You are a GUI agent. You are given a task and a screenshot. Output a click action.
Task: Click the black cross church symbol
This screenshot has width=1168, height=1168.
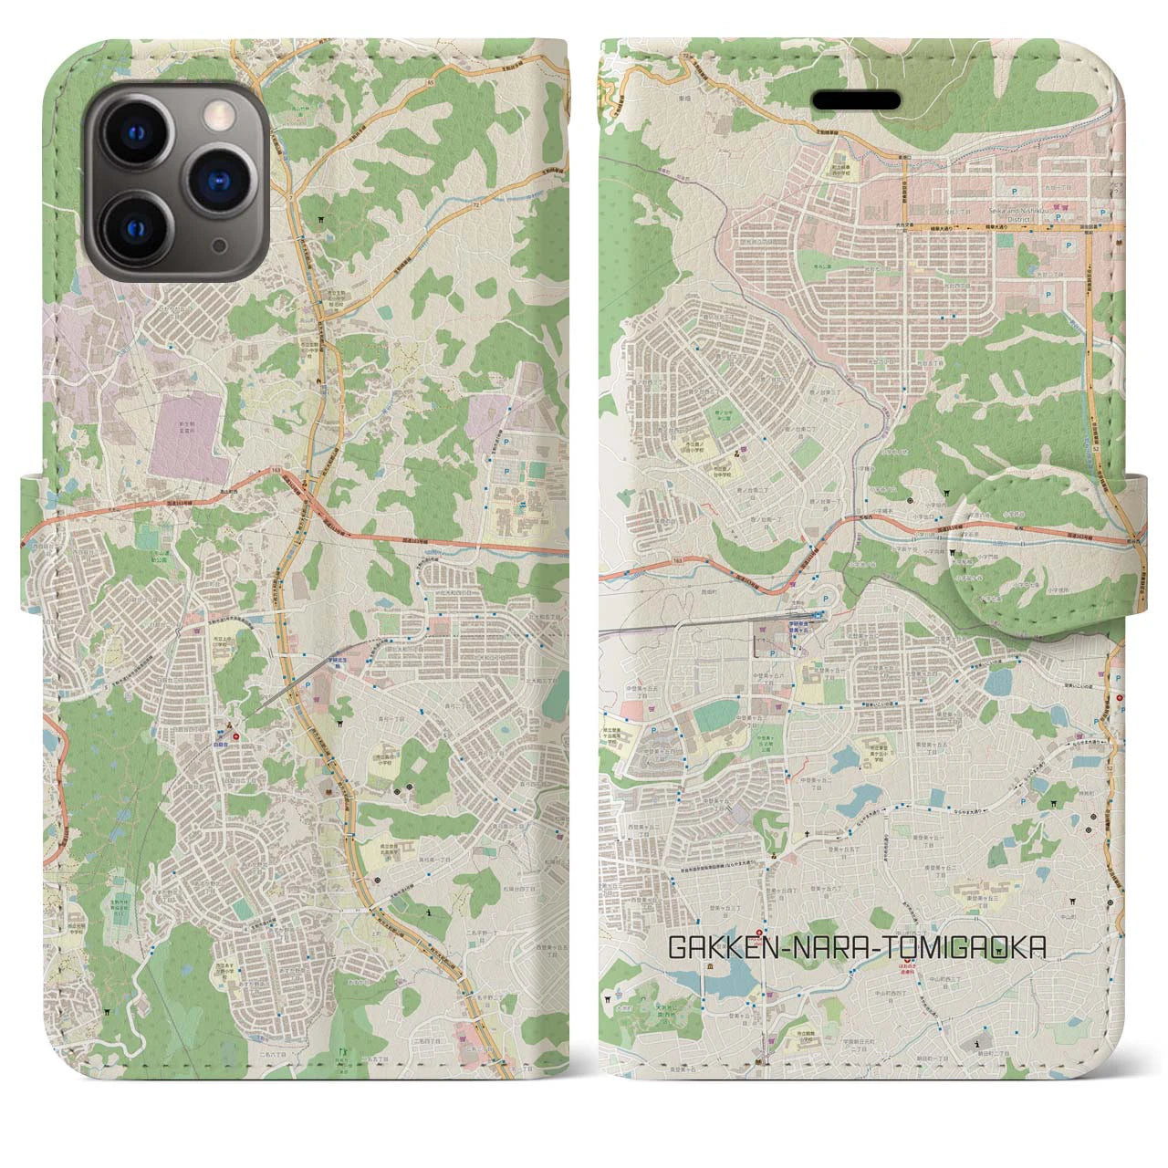pos(806,834)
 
